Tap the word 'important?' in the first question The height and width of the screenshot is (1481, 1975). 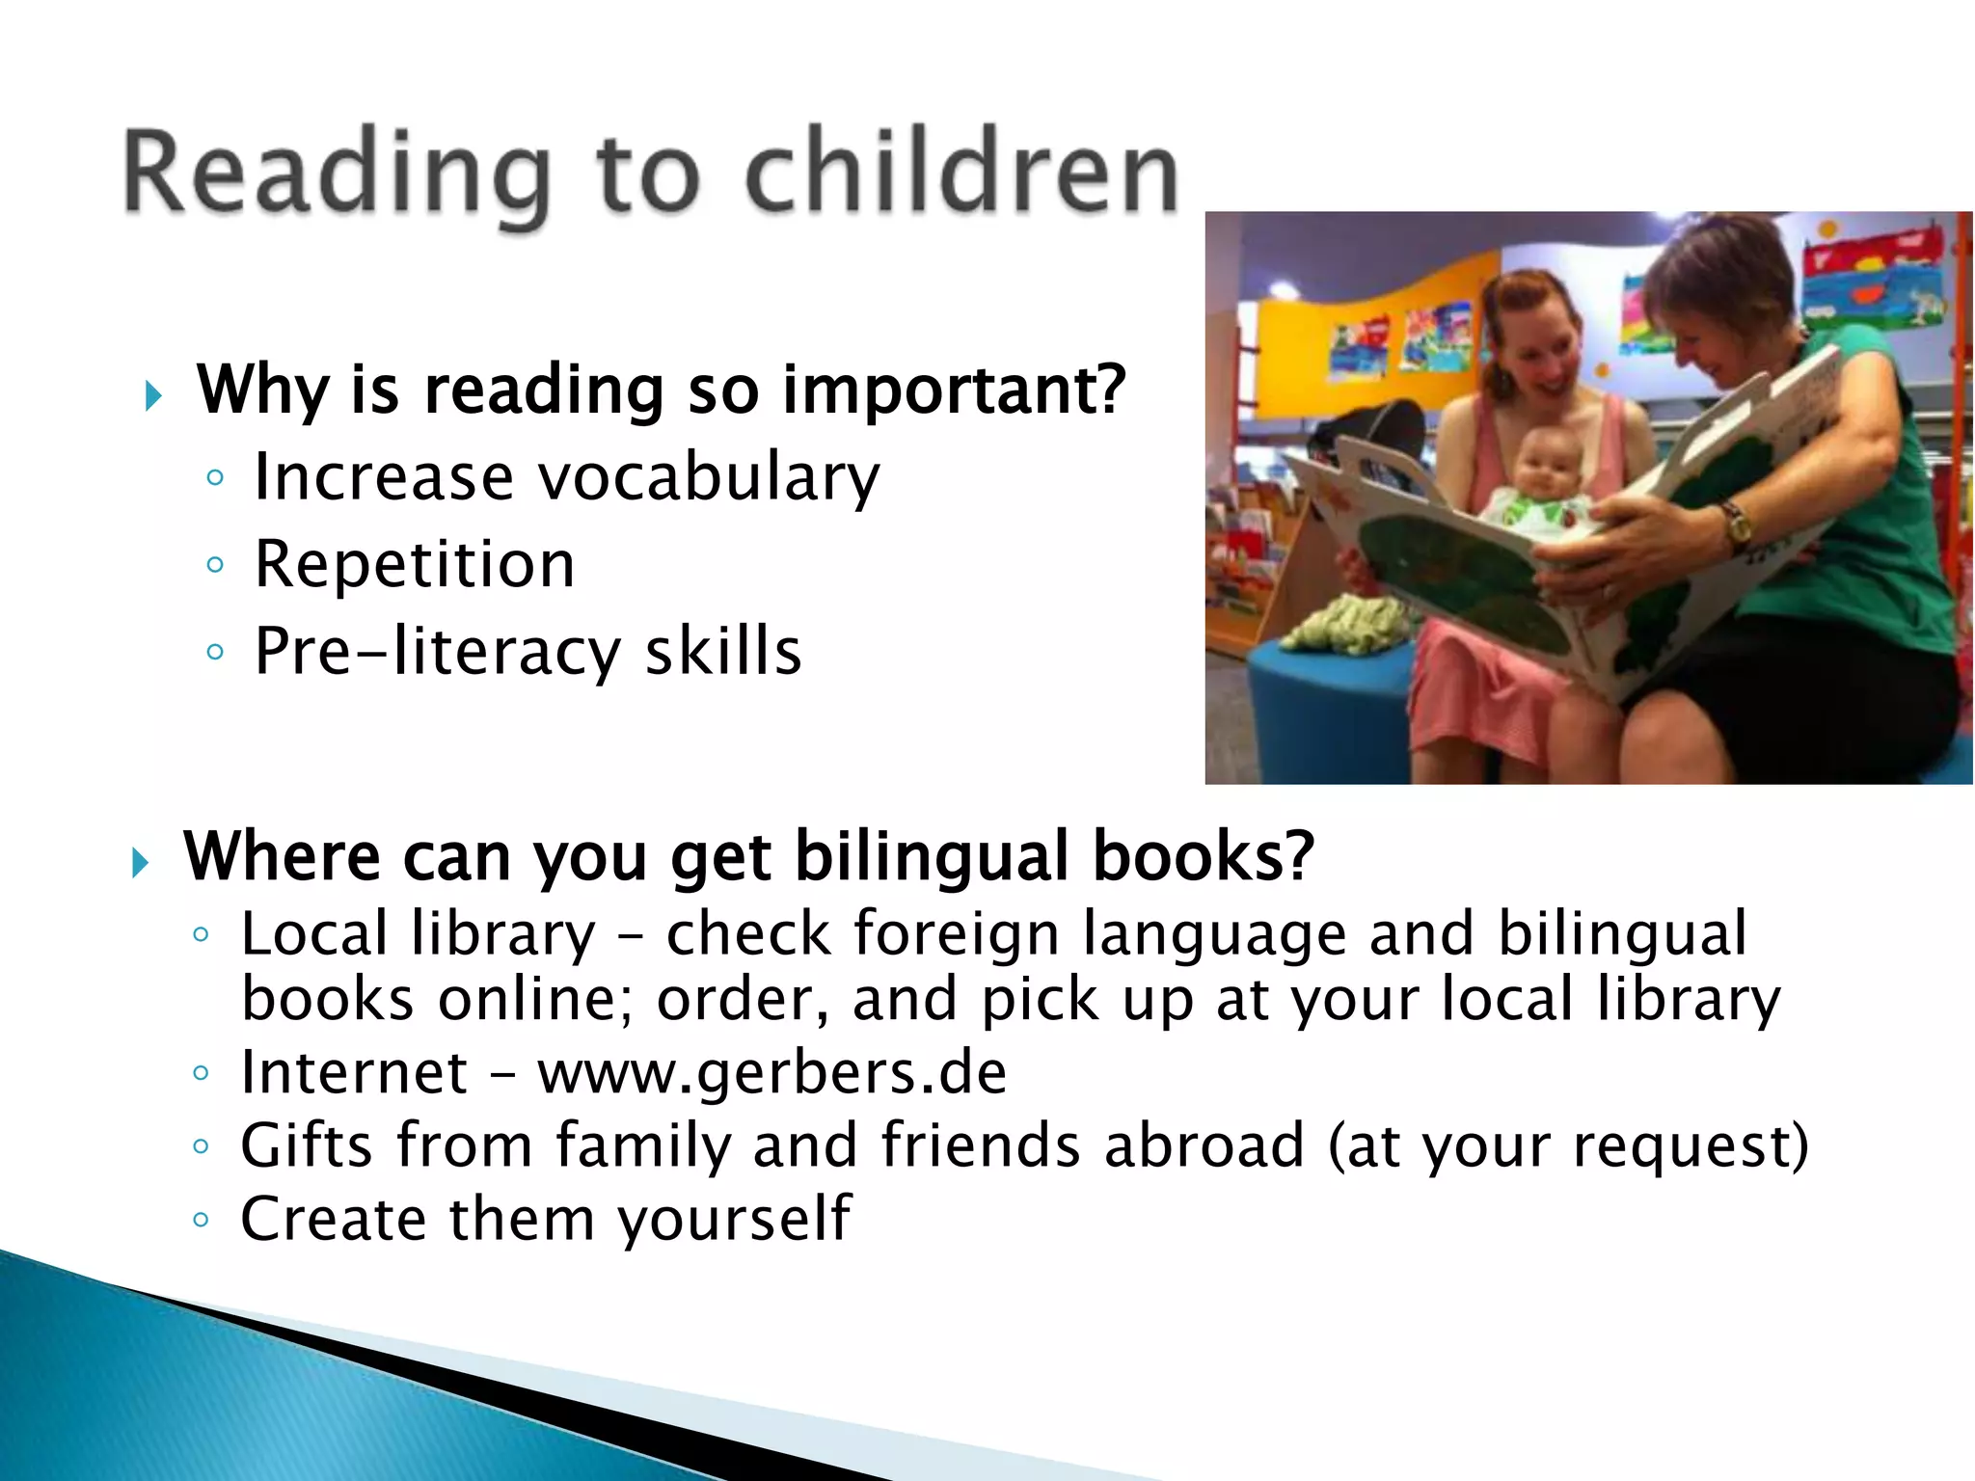tap(954, 390)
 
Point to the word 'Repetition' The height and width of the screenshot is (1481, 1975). tap(414, 564)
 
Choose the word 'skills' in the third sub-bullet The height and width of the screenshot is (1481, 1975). tap(722, 652)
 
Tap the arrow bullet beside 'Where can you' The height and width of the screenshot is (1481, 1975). tap(141, 862)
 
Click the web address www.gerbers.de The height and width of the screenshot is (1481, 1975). tap(771, 1073)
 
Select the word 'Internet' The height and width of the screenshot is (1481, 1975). tap(354, 1073)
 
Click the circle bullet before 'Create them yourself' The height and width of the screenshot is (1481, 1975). tap(201, 1220)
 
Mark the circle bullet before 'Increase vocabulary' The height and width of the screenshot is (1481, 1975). tap(215, 478)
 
